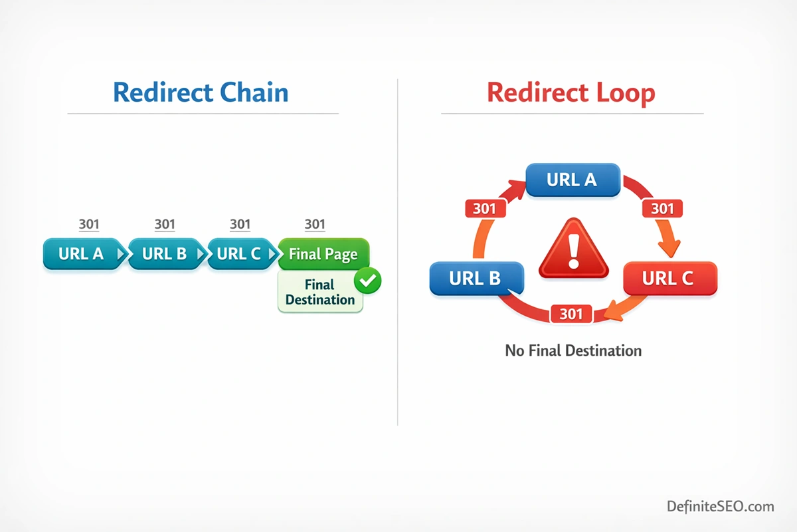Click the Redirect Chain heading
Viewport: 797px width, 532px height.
[x=201, y=92]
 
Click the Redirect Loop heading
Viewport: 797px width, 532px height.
[x=571, y=92]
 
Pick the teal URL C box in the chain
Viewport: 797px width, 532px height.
[x=240, y=253]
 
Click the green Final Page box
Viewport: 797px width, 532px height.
[x=323, y=254]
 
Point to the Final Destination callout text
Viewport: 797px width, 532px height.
[x=319, y=293]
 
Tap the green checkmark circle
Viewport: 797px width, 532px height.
[x=367, y=281]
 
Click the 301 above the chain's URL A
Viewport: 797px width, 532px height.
[x=89, y=224]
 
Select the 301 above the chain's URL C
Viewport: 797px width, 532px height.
[x=240, y=224]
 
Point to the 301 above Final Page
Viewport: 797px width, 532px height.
[x=315, y=224]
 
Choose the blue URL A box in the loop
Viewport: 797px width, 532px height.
[x=572, y=180]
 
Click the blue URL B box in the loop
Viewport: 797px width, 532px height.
[x=476, y=278]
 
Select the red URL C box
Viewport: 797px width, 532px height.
[x=669, y=278]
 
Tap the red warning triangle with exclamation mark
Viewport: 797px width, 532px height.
[x=573, y=250]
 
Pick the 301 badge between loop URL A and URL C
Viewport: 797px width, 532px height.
[x=662, y=209]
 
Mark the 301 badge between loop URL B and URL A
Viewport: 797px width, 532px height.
[x=485, y=209]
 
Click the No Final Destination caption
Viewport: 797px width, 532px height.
[x=573, y=350]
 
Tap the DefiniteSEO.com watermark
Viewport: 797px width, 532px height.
[x=721, y=506]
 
